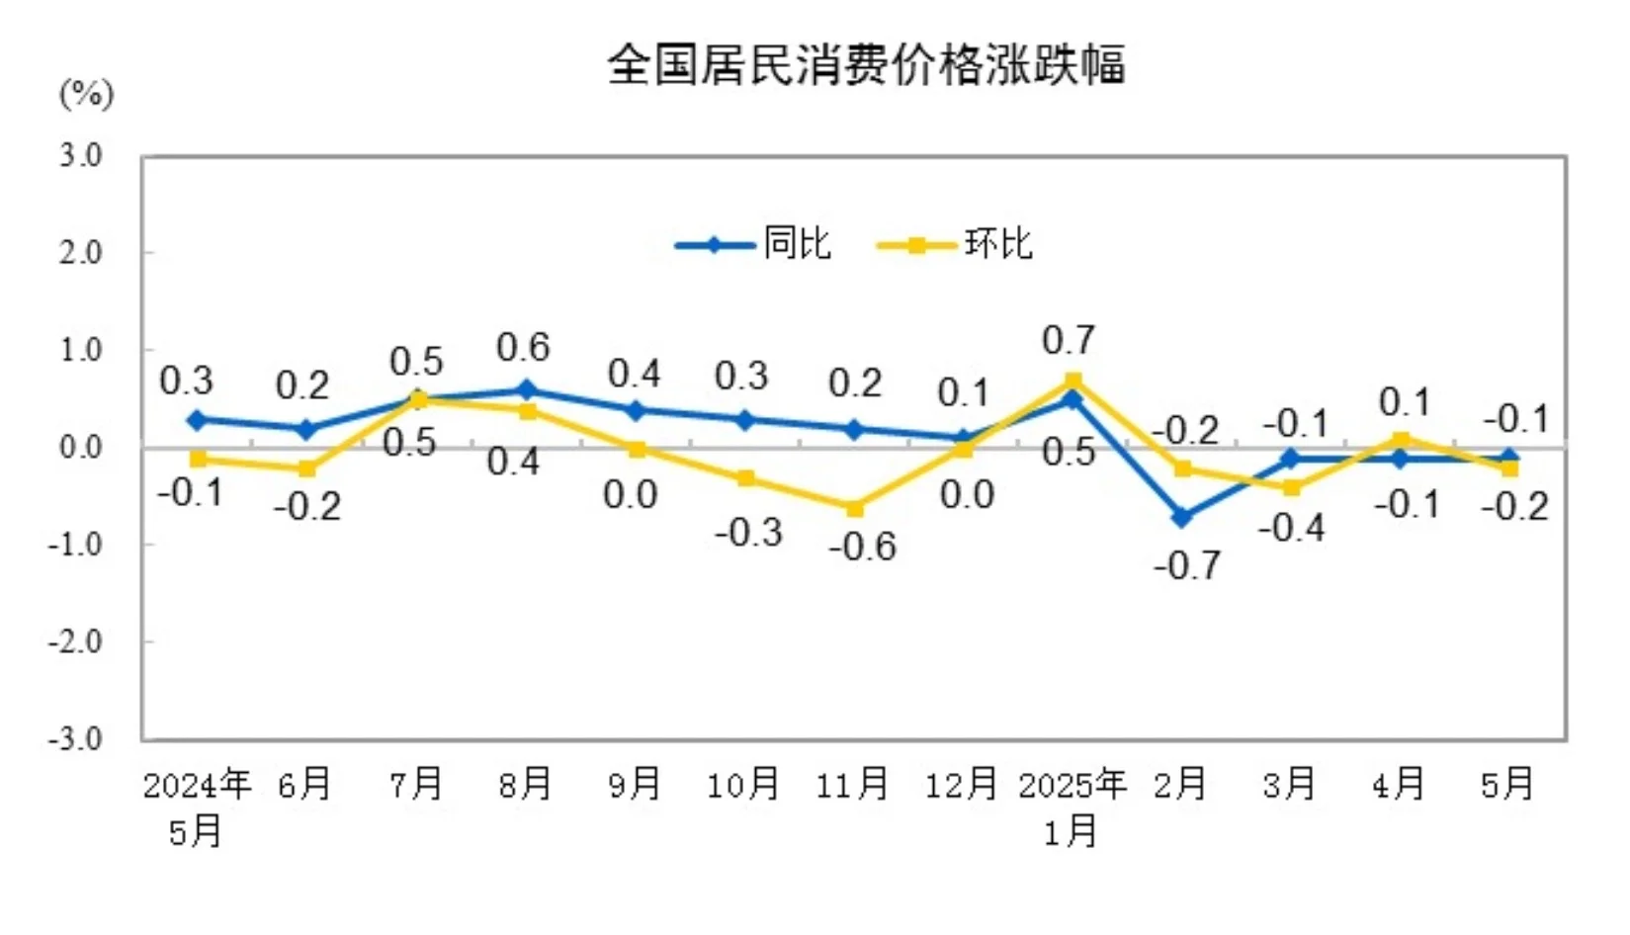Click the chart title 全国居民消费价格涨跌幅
[x=866, y=65]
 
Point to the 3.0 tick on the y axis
[x=81, y=155]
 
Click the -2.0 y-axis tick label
[x=76, y=641]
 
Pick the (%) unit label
[x=87, y=95]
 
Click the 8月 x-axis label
[x=525, y=784]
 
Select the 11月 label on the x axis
[x=852, y=784]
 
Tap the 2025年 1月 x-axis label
[x=1072, y=807]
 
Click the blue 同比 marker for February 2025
[x=1181, y=517]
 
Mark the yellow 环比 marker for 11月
[x=854, y=508]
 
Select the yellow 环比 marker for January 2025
[x=1072, y=381]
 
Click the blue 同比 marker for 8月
[x=526, y=390]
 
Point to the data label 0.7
[x=1069, y=341]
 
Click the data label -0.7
[x=1186, y=565]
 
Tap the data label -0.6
[x=863, y=546]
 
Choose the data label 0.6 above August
[x=523, y=348]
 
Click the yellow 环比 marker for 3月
[x=1291, y=487]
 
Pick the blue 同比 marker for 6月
[x=306, y=430]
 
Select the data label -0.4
[x=1291, y=528]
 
